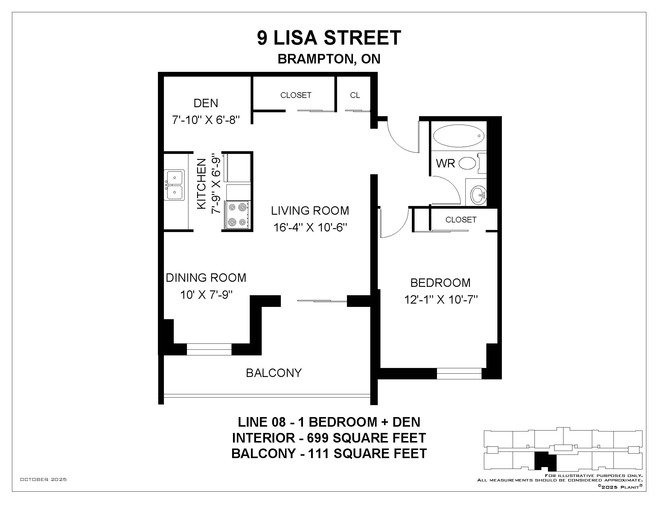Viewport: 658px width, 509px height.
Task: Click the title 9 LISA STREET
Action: pyautogui.click(x=329, y=38)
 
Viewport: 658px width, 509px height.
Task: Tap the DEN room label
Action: pyautogui.click(x=206, y=103)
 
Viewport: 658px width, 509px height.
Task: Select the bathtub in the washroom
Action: pyautogui.click(x=459, y=136)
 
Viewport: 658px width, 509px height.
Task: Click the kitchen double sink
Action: pyautogui.click(x=174, y=185)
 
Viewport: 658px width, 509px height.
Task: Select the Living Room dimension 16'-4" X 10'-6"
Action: pyautogui.click(x=310, y=227)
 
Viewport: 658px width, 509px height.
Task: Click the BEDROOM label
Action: pyautogui.click(x=441, y=283)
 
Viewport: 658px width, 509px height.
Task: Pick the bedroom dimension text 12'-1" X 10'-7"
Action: pyautogui.click(x=441, y=300)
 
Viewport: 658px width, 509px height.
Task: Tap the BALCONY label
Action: pyautogui.click(x=274, y=373)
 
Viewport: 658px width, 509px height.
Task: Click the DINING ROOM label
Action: pyautogui.click(x=206, y=278)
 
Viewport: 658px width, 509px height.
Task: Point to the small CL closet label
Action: pyautogui.click(x=355, y=95)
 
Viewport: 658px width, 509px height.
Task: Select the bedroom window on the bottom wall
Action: pyautogui.click(x=459, y=374)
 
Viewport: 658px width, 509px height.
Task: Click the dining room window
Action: pyautogui.click(x=209, y=349)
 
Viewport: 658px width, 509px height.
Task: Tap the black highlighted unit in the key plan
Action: pyautogui.click(x=545, y=461)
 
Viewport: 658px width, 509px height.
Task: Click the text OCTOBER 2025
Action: pyautogui.click(x=43, y=479)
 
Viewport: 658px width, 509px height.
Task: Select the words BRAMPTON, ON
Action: pyautogui.click(x=329, y=59)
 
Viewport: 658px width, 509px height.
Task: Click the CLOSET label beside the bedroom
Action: pyautogui.click(x=461, y=220)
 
